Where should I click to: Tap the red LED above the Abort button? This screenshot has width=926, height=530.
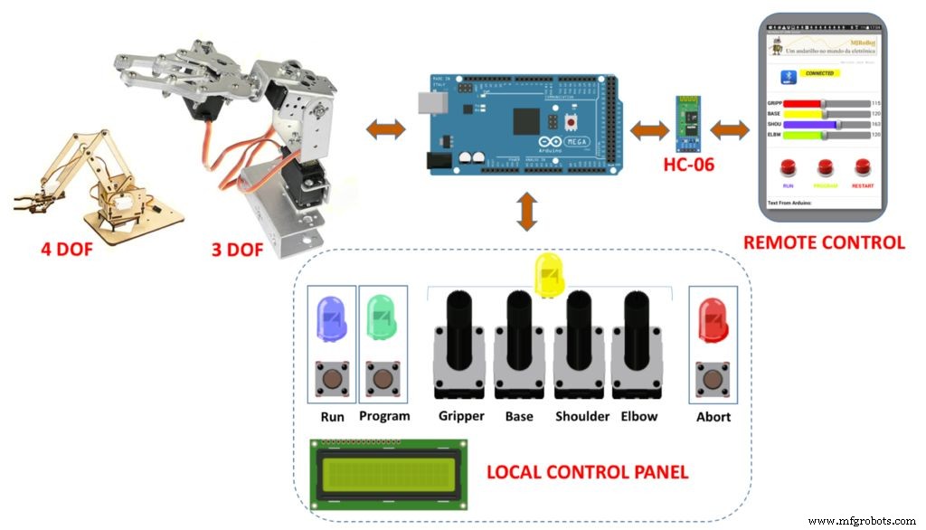(713, 321)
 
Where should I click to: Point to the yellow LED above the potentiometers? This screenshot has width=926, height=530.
(549, 272)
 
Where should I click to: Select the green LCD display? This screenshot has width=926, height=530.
(388, 473)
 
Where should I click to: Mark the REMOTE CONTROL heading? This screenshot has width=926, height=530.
(823, 242)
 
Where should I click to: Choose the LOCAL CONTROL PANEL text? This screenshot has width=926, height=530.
(587, 472)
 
